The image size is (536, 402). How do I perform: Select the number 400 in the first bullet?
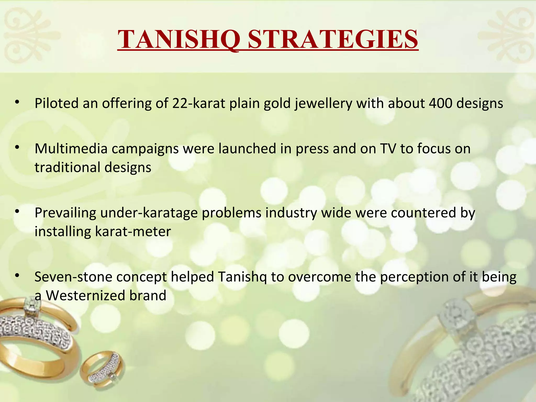click(440, 103)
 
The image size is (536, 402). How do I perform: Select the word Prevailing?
click(65, 213)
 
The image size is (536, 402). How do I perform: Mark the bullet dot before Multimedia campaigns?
click(17, 148)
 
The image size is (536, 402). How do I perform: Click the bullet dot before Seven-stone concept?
click(17, 276)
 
